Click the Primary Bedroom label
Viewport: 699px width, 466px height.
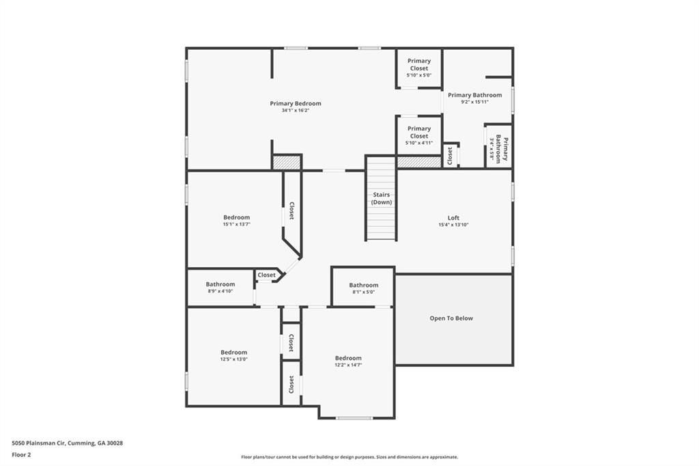point(295,104)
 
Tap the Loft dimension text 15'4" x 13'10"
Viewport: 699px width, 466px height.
point(453,225)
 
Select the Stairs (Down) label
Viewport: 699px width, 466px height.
point(382,198)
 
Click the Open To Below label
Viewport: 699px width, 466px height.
point(451,318)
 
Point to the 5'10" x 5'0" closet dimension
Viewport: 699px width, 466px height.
point(419,75)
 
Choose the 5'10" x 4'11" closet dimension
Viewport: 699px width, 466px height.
point(419,143)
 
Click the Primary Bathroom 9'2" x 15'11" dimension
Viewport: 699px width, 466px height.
point(475,102)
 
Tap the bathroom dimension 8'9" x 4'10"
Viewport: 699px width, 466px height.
point(220,291)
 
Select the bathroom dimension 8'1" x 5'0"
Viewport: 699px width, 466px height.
point(364,292)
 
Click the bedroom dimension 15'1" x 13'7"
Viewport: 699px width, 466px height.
point(237,224)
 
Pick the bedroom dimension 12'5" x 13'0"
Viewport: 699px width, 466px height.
point(233,359)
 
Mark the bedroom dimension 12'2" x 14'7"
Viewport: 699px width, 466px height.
point(348,365)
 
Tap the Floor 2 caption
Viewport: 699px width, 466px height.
point(21,455)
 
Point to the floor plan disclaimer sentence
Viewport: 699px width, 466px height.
point(349,457)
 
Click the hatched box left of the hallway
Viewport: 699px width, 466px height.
point(287,162)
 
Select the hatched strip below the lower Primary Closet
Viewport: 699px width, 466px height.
point(418,162)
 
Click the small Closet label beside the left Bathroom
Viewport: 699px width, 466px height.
point(267,275)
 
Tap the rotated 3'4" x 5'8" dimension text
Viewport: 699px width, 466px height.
point(492,148)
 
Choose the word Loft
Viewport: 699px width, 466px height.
point(453,218)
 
